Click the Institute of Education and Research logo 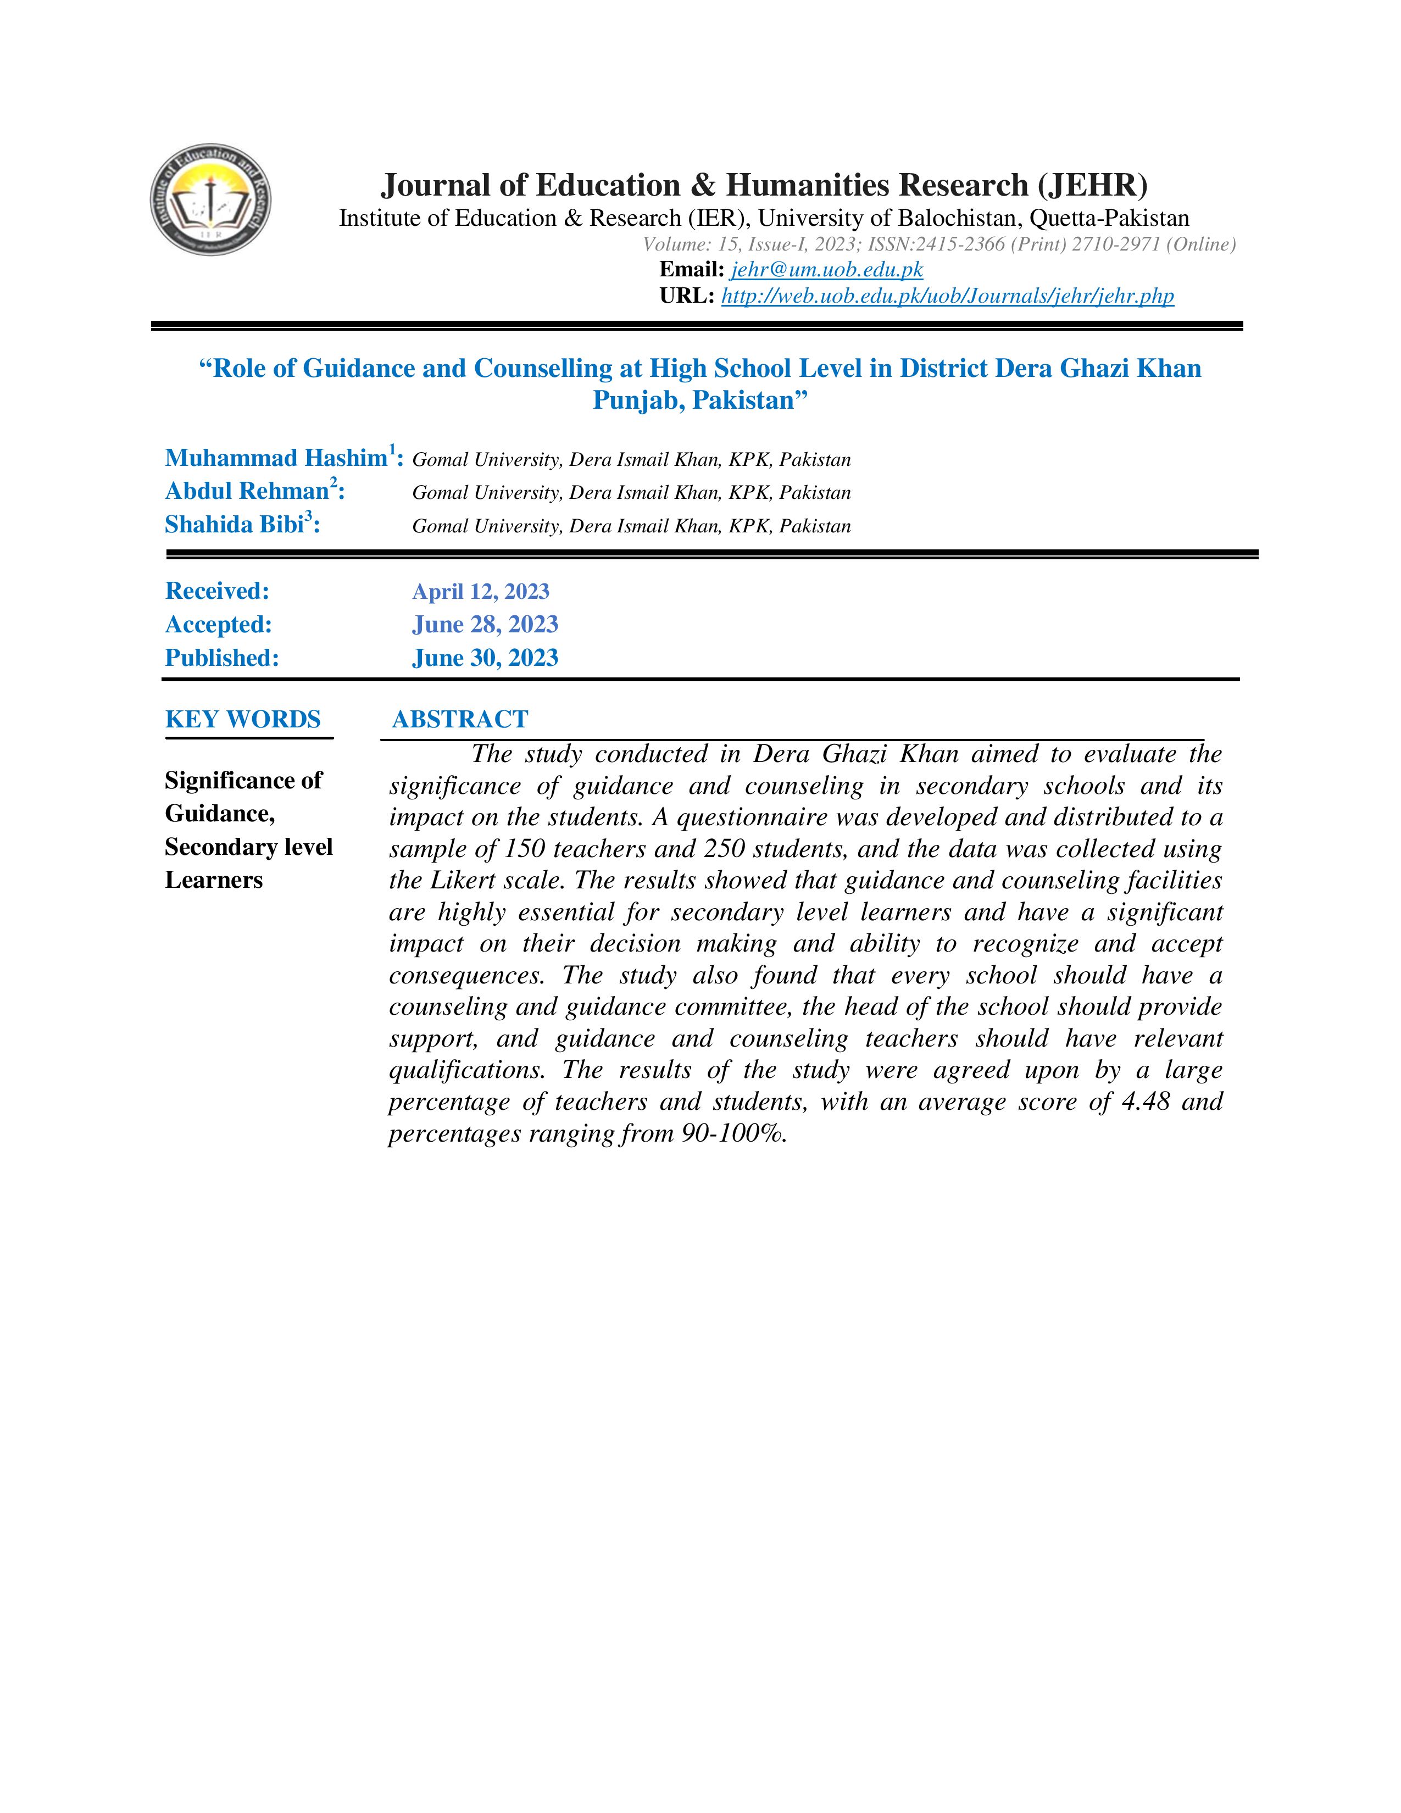pyautogui.click(x=211, y=199)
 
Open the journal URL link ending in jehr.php pyautogui.click(x=947, y=296)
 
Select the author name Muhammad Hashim pyautogui.click(x=276, y=458)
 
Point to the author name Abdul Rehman pyautogui.click(x=247, y=492)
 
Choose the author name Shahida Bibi pyautogui.click(x=235, y=525)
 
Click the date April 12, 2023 pyautogui.click(x=481, y=591)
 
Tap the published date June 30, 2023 pyautogui.click(x=485, y=658)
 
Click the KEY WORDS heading pyautogui.click(x=242, y=719)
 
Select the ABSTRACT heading pyautogui.click(x=460, y=719)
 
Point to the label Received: pyautogui.click(x=216, y=591)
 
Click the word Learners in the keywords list pyautogui.click(x=213, y=880)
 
